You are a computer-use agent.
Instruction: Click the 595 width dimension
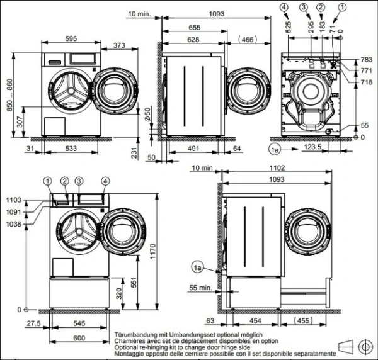71,39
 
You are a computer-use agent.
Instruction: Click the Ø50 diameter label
147,115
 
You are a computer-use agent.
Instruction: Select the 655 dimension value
193,27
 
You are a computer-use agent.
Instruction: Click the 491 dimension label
193,149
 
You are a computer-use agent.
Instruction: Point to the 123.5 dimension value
312,149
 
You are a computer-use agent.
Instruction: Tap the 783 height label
365,60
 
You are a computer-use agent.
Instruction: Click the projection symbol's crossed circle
364,346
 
